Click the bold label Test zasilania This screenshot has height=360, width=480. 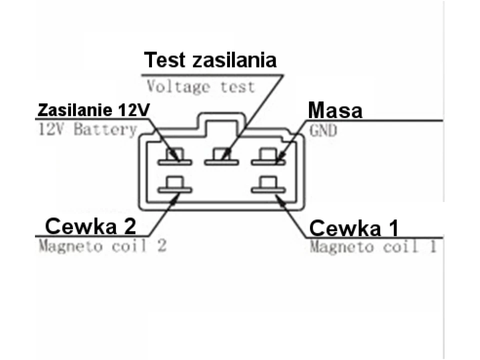tap(210, 60)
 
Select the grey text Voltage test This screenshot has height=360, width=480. tap(200, 86)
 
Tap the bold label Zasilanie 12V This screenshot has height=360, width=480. tap(93, 109)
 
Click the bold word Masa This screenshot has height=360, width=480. tap(334, 110)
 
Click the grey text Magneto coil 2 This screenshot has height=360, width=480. tap(102, 246)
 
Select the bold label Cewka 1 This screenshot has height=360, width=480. tap(354, 228)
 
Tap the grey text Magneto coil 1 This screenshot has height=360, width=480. tap(373, 246)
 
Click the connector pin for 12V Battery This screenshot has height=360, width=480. tap(175, 157)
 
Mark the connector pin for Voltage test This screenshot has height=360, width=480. tap(221, 157)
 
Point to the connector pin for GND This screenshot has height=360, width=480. tap(268, 157)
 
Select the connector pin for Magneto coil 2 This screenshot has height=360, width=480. tap(175, 185)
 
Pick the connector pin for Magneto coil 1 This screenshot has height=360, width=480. tap(268, 185)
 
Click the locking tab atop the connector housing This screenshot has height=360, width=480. tap(222, 123)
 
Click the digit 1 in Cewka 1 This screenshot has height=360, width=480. tap(393, 229)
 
